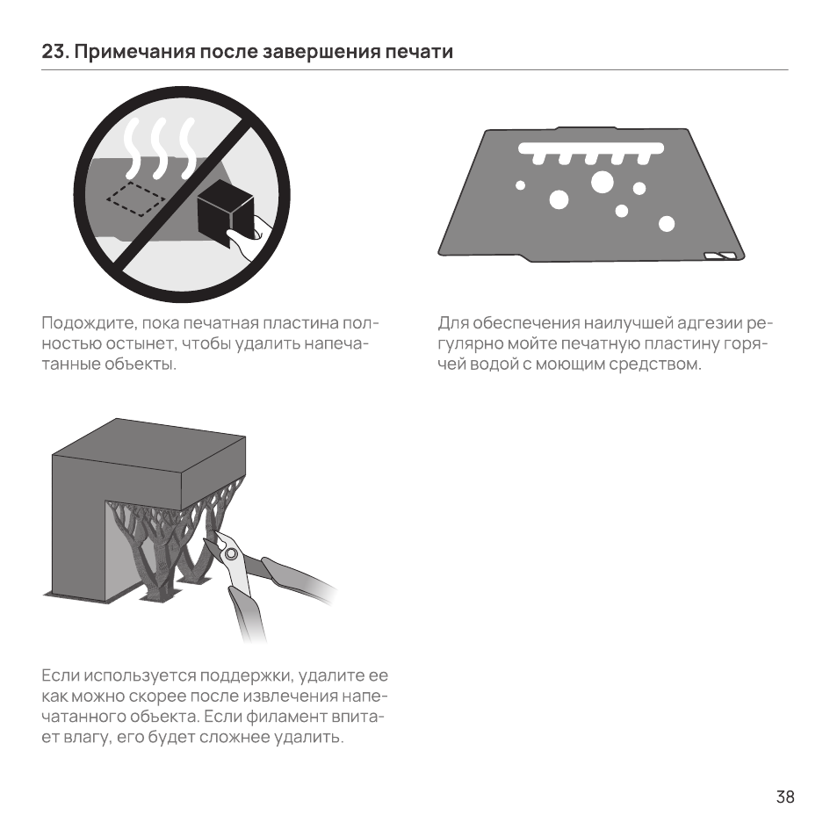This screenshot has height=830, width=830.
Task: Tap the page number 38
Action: [785, 797]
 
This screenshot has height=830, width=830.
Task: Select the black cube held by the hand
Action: [226, 213]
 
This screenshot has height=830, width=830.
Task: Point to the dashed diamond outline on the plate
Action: [136, 199]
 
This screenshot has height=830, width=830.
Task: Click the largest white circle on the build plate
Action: [602, 182]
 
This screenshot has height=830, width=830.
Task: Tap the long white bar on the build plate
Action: [591, 148]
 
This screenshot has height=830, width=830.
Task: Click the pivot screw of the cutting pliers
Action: [231, 555]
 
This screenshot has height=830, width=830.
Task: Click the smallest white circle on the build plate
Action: [520, 185]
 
